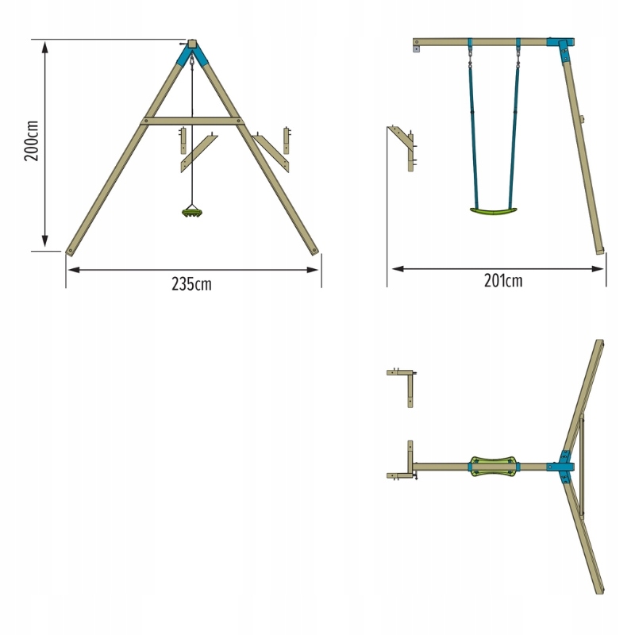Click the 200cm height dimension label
pyautogui.click(x=31, y=140)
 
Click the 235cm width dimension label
pyautogui.click(x=191, y=284)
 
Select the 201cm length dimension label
pyautogui.click(x=503, y=281)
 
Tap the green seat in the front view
pyautogui.click(x=192, y=212)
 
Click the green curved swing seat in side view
pyautogui.click(x=494, y=211)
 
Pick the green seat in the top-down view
pyautogui.click(x=494, y=467)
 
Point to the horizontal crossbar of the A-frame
pyautogui.click(x=192, y=121)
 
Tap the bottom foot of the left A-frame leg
pyautogui.click(x=71, y=252)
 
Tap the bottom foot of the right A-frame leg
pyautogui.click(x=314, y=252)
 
